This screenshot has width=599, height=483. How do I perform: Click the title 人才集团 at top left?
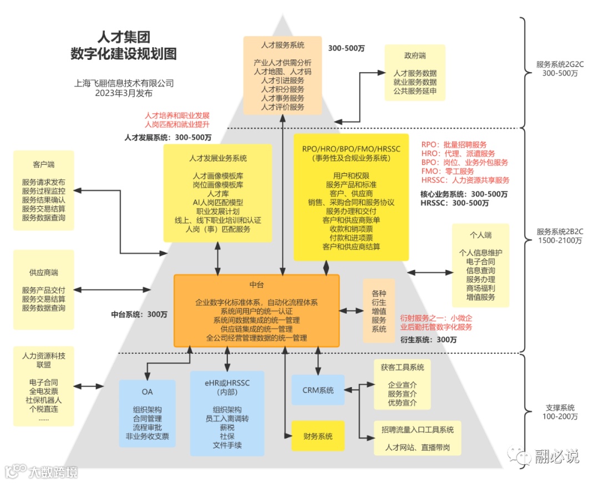pos(123,38)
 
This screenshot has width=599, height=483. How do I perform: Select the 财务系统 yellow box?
pos(318,436)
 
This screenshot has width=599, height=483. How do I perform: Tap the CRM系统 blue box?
pos(318,390)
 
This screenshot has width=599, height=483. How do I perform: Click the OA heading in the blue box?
pos(147,392)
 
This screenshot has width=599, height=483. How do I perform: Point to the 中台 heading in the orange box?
pos(256,284)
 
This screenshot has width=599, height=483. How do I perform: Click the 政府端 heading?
pos(415,56)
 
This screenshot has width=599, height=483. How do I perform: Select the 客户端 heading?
pos(44,165)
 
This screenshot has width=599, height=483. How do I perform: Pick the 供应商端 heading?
pos(44,273)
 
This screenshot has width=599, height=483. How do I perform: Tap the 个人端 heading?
pos(480,235)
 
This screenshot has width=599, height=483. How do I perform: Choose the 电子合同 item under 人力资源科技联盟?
pos(44,383)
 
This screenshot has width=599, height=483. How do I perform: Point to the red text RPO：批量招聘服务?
pos(454,145)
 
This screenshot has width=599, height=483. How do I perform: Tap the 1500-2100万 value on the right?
pos(555,241)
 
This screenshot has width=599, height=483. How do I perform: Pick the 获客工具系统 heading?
pos(402,367)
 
